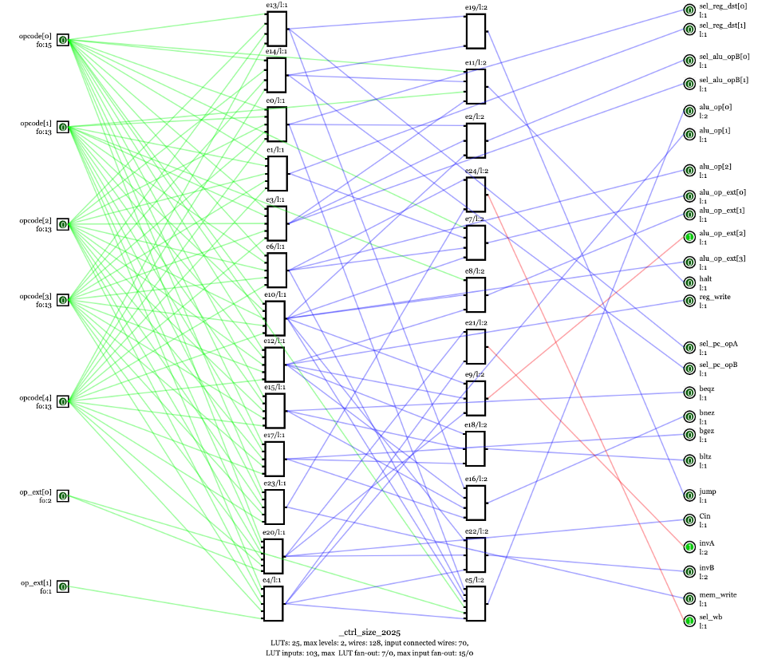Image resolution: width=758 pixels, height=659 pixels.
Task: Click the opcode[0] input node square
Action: coord(63,41)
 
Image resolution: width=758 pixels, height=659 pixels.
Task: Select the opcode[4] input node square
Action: coord(63,402)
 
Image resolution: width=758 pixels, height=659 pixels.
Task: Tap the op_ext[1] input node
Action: coord(63,587)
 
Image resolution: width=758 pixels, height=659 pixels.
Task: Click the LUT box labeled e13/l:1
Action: coord(277,29)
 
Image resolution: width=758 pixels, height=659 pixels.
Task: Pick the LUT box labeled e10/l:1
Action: coord(275,318)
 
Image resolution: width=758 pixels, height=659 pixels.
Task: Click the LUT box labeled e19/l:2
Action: coord(476,31)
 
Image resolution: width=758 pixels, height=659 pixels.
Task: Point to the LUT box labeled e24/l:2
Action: coord(476,195)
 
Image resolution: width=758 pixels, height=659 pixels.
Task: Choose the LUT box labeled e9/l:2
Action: coord(476,398)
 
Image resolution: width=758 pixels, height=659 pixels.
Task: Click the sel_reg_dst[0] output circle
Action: coord(689,10)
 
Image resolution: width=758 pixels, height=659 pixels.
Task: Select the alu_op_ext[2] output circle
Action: coord(689,237)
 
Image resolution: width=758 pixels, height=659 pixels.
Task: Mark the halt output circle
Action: coord(689,282)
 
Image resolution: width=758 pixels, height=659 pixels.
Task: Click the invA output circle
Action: coord(689,547)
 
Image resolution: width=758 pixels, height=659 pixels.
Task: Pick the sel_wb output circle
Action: coord(689,621)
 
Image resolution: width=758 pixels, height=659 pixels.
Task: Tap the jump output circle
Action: coord(689,495)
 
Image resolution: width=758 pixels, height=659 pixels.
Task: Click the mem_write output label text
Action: coord(717,595)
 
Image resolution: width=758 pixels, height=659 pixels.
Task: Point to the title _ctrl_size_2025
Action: coord(374,632)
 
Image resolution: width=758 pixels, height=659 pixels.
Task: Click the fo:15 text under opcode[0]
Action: coord(43,45)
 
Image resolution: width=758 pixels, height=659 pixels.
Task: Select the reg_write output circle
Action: coord(689,301)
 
